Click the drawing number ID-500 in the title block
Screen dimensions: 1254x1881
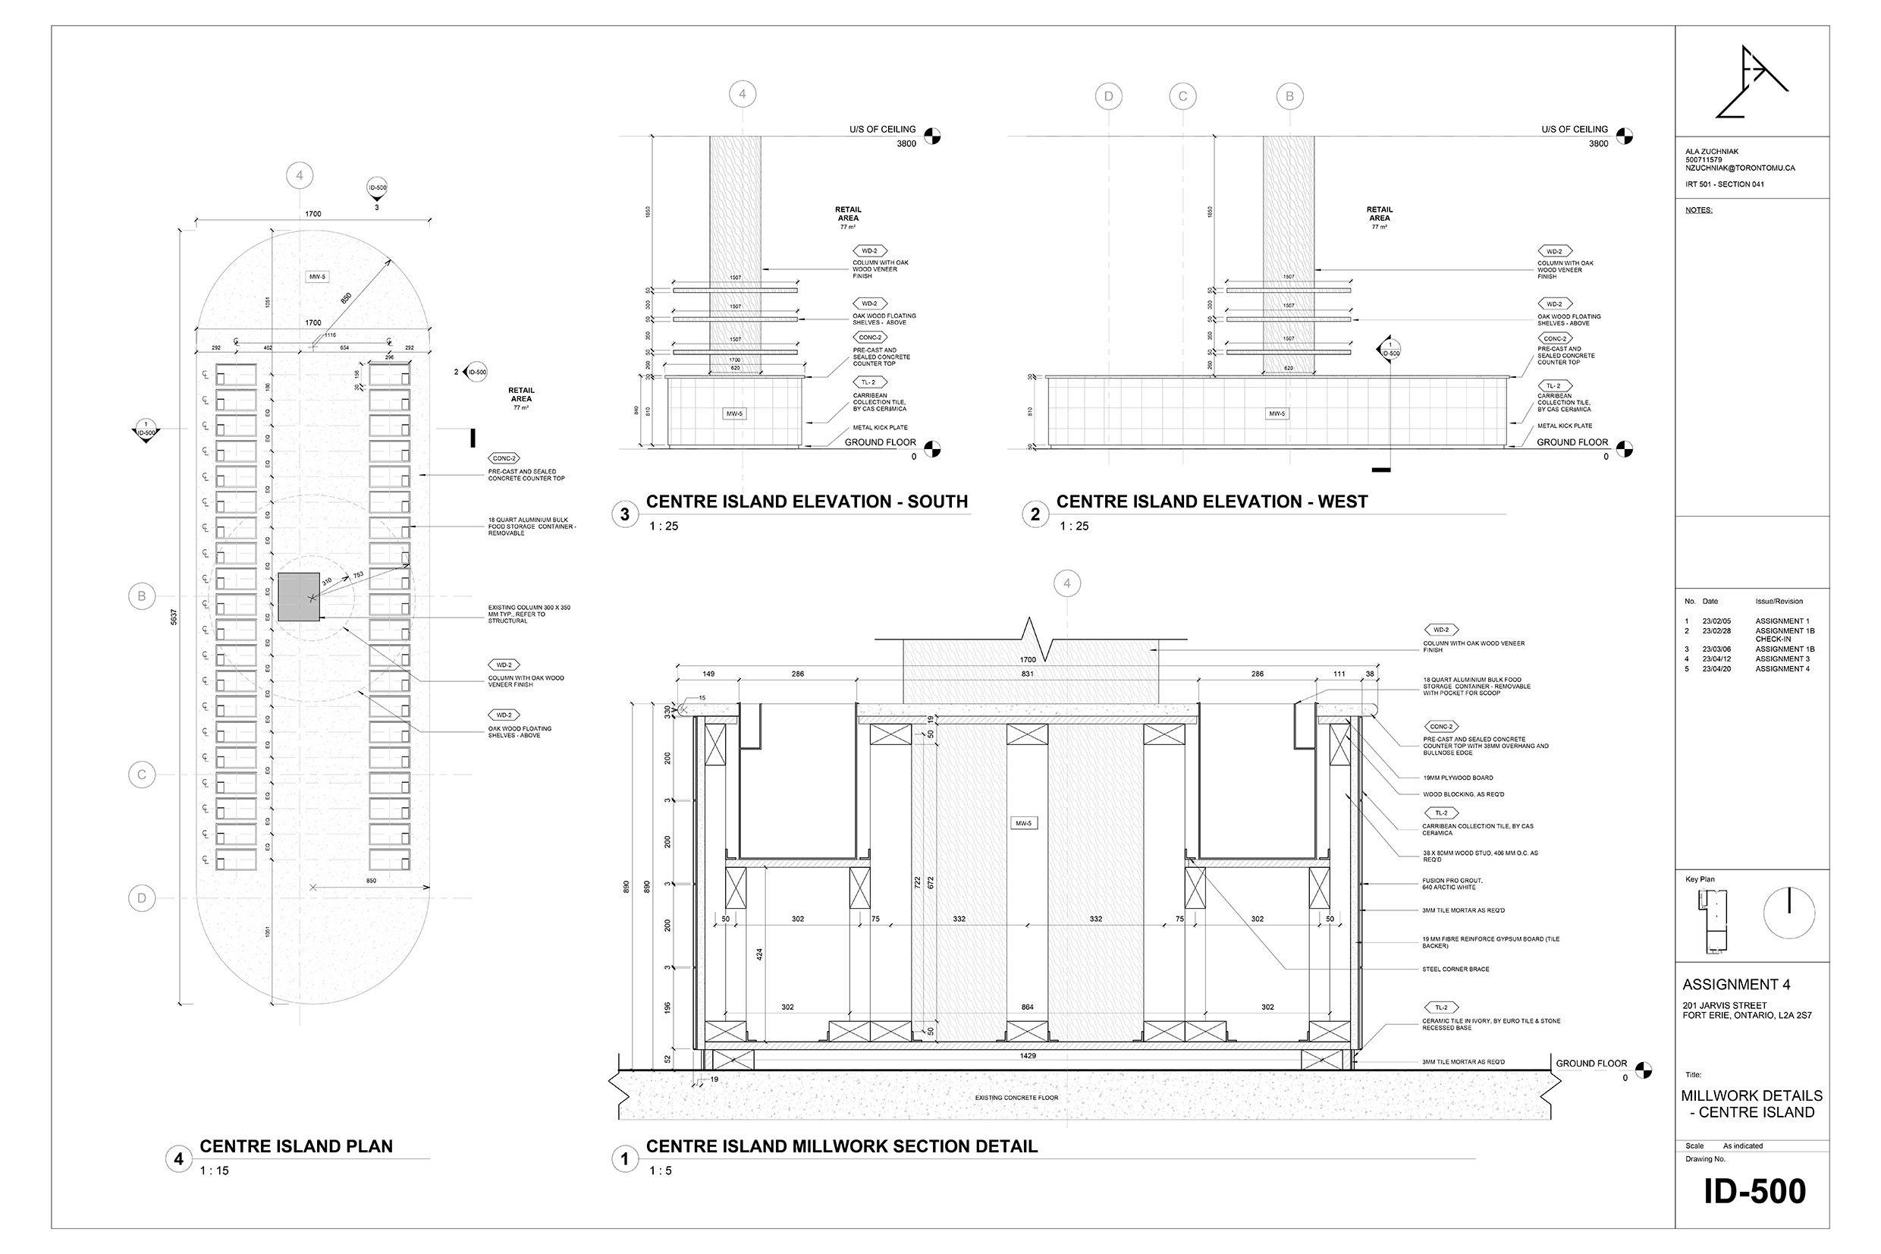[x=1754, y=1191]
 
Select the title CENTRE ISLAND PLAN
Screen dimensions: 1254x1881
[x=296, y=1146]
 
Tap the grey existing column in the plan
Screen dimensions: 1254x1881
[x=299, y=596]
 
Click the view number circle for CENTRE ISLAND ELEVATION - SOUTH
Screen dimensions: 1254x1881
[x=625, y=514]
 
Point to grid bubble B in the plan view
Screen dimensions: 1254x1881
[x=142, y=596]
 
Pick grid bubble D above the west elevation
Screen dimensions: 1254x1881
[x=1108, y=97]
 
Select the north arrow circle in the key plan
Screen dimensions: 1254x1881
[x=1789, y=913]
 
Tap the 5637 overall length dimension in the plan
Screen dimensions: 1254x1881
[x=174, y=617]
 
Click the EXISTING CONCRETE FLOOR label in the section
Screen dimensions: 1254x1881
[x=1016, y=1097]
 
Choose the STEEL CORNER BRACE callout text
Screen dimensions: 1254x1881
[x=1455, y=969]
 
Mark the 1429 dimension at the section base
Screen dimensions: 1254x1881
[x=1028, y=1056]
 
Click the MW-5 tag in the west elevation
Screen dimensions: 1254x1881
[x=1277, y=413]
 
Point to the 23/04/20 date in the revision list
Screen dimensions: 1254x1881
[x=1716, y=668]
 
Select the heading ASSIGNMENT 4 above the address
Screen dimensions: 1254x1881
[x=1735, y=985]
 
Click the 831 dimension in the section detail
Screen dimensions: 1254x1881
[x=1027, y=674]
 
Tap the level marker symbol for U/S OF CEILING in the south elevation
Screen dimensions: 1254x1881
[x=932, y=136]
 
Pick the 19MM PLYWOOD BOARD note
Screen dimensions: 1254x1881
[x=1457, y=778]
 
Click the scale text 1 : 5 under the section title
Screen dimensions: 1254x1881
[x=661, y=1171]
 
